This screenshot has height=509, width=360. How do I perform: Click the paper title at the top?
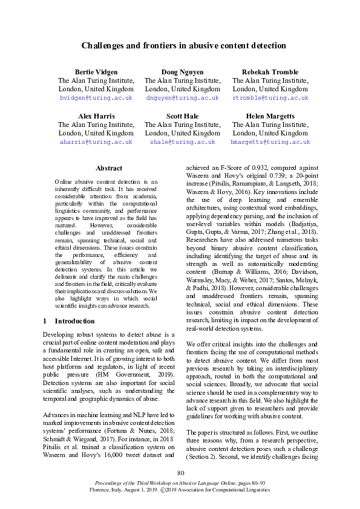tap(183, 45)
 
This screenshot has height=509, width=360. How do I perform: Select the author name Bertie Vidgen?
tap(96, 71)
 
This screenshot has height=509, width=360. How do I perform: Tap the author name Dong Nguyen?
tap(182, 71)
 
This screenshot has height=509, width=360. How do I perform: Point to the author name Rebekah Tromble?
tap(270, 71)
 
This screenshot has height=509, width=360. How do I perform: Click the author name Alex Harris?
tap(96, 115)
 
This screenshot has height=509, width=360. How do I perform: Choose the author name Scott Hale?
tap(182, 115)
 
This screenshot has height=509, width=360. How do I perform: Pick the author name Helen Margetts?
tap(270, 115)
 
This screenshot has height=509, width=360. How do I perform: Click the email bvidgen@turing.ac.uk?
tap(96, 97)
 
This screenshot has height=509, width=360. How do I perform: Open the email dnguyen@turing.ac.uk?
tap(182, 97)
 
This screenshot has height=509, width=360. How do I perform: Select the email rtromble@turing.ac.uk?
tap(270, 97)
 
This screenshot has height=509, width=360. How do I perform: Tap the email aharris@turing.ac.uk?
tap(96, 141)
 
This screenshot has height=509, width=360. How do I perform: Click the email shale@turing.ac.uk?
tap(182, 141)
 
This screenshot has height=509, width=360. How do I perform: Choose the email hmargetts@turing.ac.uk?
tap(270, 141)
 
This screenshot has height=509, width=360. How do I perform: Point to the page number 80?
tap(180, 473)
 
